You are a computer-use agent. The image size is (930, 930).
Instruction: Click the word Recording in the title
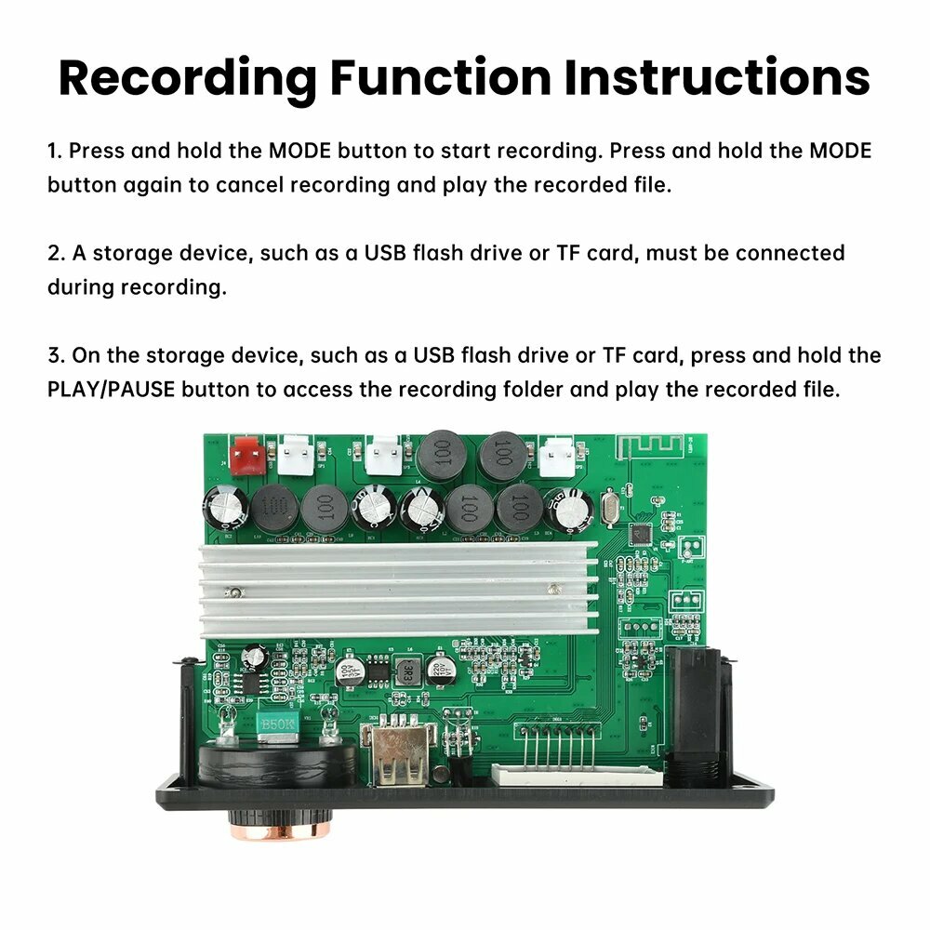click(188, 79)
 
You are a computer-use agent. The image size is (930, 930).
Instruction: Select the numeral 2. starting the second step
click(57, 253)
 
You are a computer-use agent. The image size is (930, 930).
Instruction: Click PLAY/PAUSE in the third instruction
click(111, 390)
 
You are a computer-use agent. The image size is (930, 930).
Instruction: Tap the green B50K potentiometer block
click(277, 725)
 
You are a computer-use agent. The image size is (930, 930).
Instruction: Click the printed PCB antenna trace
click(651, 446)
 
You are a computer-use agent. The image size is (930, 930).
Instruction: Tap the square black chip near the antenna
click(639, 533)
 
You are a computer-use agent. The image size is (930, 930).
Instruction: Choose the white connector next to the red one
click(296, 454)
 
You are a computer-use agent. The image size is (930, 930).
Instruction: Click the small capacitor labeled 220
click(441, 669)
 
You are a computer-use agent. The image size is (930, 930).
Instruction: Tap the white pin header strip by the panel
click(576, 775)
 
